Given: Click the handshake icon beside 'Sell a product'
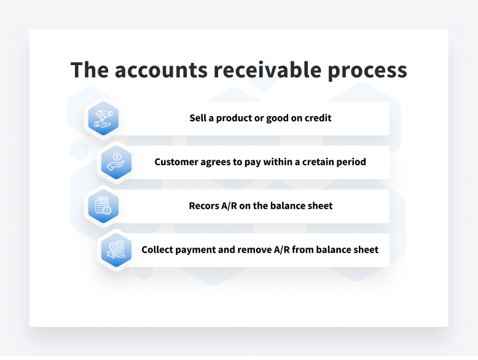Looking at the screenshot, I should point(101,119).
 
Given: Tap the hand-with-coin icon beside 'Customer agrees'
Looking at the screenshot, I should point(116,162).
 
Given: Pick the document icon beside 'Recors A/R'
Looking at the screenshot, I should point(101,206).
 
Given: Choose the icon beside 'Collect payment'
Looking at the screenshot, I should point(116,249).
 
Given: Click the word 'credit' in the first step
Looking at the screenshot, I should point(318,118).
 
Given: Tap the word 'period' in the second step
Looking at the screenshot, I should point(352,162).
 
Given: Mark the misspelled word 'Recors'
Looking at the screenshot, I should point(204,206).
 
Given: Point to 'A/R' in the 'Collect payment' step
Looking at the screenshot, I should point(282,249).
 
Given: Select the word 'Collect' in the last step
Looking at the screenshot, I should point(159,249).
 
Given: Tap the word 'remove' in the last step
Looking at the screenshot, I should point(253,249).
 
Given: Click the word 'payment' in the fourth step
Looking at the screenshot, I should point(196,250).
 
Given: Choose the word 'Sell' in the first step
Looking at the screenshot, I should point(198,118).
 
